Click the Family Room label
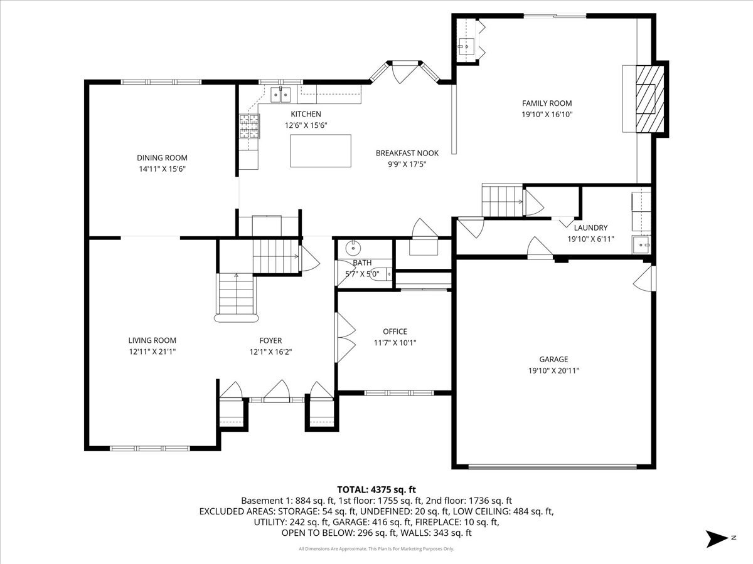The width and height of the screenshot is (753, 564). click(x=547, y=103)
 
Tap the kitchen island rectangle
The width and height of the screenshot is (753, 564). click(x=320, y=150)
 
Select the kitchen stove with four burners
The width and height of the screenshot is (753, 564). click(x=248, y=127)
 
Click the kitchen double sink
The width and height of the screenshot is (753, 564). click(x=280, y=95)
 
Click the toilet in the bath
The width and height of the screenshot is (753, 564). click(x=383, y=273)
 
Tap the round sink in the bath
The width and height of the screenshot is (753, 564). click(x=353, y=246)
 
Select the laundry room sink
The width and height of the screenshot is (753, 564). click(x=641, y=244)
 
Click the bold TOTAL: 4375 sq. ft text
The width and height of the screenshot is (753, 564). click(x=376, y=489)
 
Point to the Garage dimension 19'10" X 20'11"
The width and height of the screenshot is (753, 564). click(x=553, y=370)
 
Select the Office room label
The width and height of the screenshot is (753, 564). click(x=395, y=332)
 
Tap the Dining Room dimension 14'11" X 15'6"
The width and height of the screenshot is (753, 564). click(x=162, y=169)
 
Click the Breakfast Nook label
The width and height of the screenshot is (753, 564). click(x=407, y=153)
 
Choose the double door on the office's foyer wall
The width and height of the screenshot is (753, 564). click(x=345, y=337)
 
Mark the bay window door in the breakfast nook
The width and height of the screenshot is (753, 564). click(x=400, y=72)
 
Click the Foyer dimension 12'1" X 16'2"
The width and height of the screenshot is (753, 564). click(x=270, y=352)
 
